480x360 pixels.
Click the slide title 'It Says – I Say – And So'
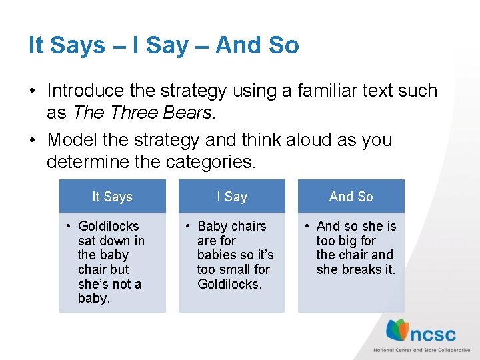coord(163,45)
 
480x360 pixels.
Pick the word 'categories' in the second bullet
coord(217,161)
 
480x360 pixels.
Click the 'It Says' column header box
coord(112,197)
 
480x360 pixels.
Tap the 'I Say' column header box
coord(231,197)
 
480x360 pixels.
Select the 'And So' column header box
coord(351,197)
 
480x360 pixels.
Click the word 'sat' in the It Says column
coord(87,241)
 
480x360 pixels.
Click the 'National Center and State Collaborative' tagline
coord(421,350)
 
